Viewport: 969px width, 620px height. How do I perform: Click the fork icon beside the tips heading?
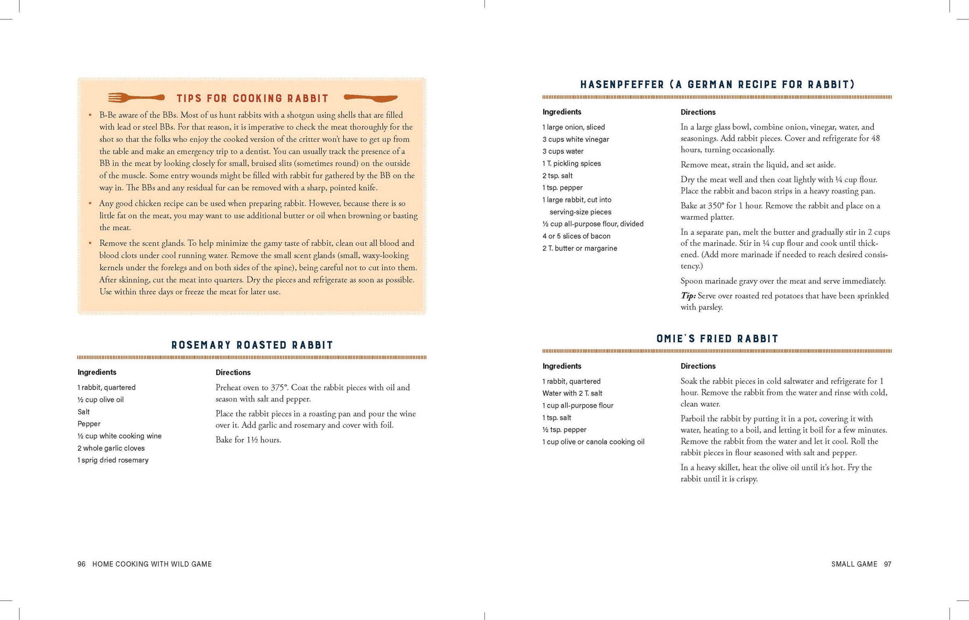136,97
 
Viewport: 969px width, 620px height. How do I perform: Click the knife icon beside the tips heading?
370,97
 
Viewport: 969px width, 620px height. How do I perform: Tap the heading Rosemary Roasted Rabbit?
252,345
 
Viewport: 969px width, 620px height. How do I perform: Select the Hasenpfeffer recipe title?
717,84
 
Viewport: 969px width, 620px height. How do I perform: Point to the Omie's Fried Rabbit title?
717,339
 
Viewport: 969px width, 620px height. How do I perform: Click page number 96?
82,564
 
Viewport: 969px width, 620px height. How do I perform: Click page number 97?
887,564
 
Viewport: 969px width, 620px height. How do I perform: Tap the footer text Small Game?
854,564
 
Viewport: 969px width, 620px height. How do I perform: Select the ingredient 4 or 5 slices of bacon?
576,236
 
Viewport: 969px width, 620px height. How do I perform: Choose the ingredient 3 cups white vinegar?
575,139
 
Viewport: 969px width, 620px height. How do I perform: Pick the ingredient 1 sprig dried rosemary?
113,460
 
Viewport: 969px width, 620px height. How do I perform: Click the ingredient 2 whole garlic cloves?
111,448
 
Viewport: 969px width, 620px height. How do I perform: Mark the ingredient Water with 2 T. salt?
572,393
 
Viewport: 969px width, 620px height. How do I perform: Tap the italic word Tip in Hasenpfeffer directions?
688,296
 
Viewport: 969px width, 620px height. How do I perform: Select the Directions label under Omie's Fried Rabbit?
698,366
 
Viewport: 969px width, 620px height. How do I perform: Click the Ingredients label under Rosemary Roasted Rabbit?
97,372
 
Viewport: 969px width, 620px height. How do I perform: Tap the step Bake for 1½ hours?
248,440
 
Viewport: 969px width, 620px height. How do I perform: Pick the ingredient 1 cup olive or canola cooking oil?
593,442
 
